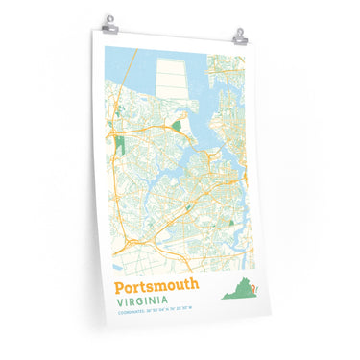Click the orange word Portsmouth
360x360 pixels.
(x=156, y=286)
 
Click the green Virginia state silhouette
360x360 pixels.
(x=241, y=291)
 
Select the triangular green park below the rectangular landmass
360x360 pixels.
(x=178, y=125)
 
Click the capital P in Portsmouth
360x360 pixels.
(x=120, y=286)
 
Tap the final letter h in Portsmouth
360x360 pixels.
(x=195, y=286)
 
